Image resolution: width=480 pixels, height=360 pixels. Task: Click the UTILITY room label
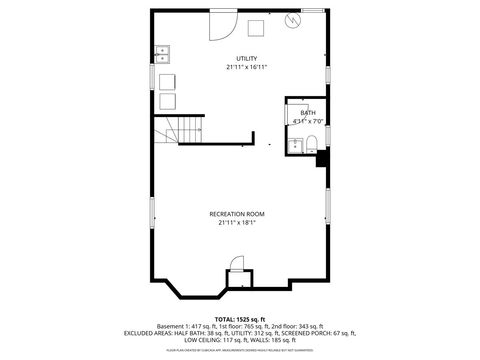coord(246,59)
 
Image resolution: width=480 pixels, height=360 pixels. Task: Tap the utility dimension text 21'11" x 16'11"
coord(246,68)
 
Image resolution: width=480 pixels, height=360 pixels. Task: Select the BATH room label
coord(307,113)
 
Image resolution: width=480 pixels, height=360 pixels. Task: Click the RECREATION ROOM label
coord(237,214)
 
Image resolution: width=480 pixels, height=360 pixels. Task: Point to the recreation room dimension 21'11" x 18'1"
coord(237,223)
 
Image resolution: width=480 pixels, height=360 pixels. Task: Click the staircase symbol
coord(174,131)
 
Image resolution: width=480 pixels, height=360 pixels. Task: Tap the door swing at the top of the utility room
coord(221,24)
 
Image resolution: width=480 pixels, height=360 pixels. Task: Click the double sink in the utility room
coord(162,54)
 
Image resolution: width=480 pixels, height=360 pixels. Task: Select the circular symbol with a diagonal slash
coord(293,20)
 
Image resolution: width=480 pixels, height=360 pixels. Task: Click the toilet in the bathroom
coord(310,141)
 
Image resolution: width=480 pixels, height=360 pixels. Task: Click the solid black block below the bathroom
coord(322,158)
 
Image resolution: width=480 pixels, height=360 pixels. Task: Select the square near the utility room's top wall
coord(256,27)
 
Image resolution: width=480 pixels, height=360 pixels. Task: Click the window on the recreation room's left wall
coord(152,211)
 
